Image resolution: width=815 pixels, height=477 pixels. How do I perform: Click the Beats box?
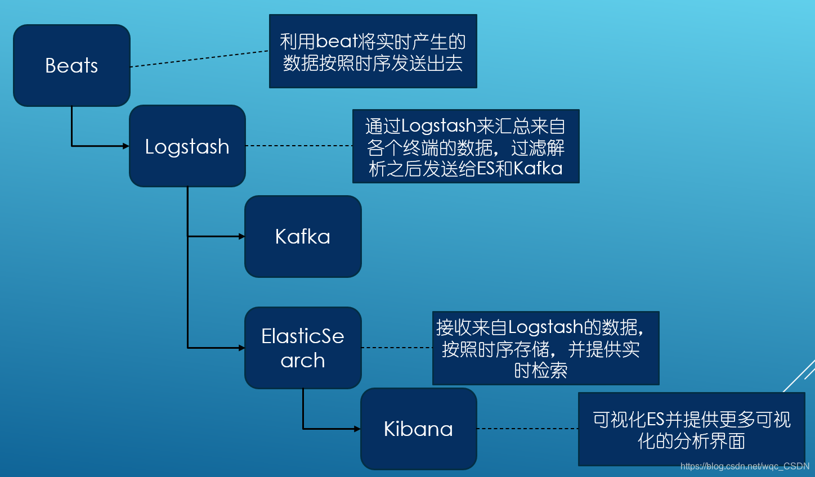pyautogui.click(x=71, y=65)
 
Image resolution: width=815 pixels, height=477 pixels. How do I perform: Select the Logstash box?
pyautogui.click(x=187, y=146)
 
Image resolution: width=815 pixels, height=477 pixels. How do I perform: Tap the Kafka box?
pyautogui.click(x=303, y=236)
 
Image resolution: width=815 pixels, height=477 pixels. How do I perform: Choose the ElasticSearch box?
pyautogui.click(x=303, y=348)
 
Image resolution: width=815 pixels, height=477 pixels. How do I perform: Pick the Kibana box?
pyautogui.click(x=418, y=429)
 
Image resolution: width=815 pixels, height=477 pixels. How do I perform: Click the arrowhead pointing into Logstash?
pyautogui.click(x=126, y=146)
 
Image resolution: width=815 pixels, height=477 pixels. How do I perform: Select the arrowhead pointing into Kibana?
pyautogui.click(x=357, y=429)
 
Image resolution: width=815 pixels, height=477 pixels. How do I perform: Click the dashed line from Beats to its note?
pyautogui.click(x=200, y=59)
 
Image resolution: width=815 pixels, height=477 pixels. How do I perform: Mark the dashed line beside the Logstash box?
pyautogui.click(x=299, y=146)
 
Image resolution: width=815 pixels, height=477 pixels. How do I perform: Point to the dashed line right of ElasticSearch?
pyautogui.click(x=397, y=348)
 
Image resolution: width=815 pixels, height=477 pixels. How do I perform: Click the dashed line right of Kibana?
pyautogui.click(x=527, y=429)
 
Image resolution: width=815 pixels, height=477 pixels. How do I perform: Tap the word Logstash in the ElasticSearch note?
pyautogui.click(x=545, y=327)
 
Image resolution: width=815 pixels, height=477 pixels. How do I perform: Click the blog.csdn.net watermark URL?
pyautogui.click(x=744, y=466)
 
